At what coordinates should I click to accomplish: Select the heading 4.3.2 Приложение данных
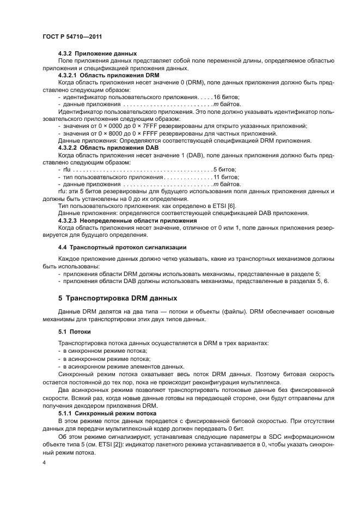click(97, 54)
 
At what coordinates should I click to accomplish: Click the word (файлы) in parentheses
click(192, 311)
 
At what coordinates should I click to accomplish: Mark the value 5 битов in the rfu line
click(225, 169)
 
